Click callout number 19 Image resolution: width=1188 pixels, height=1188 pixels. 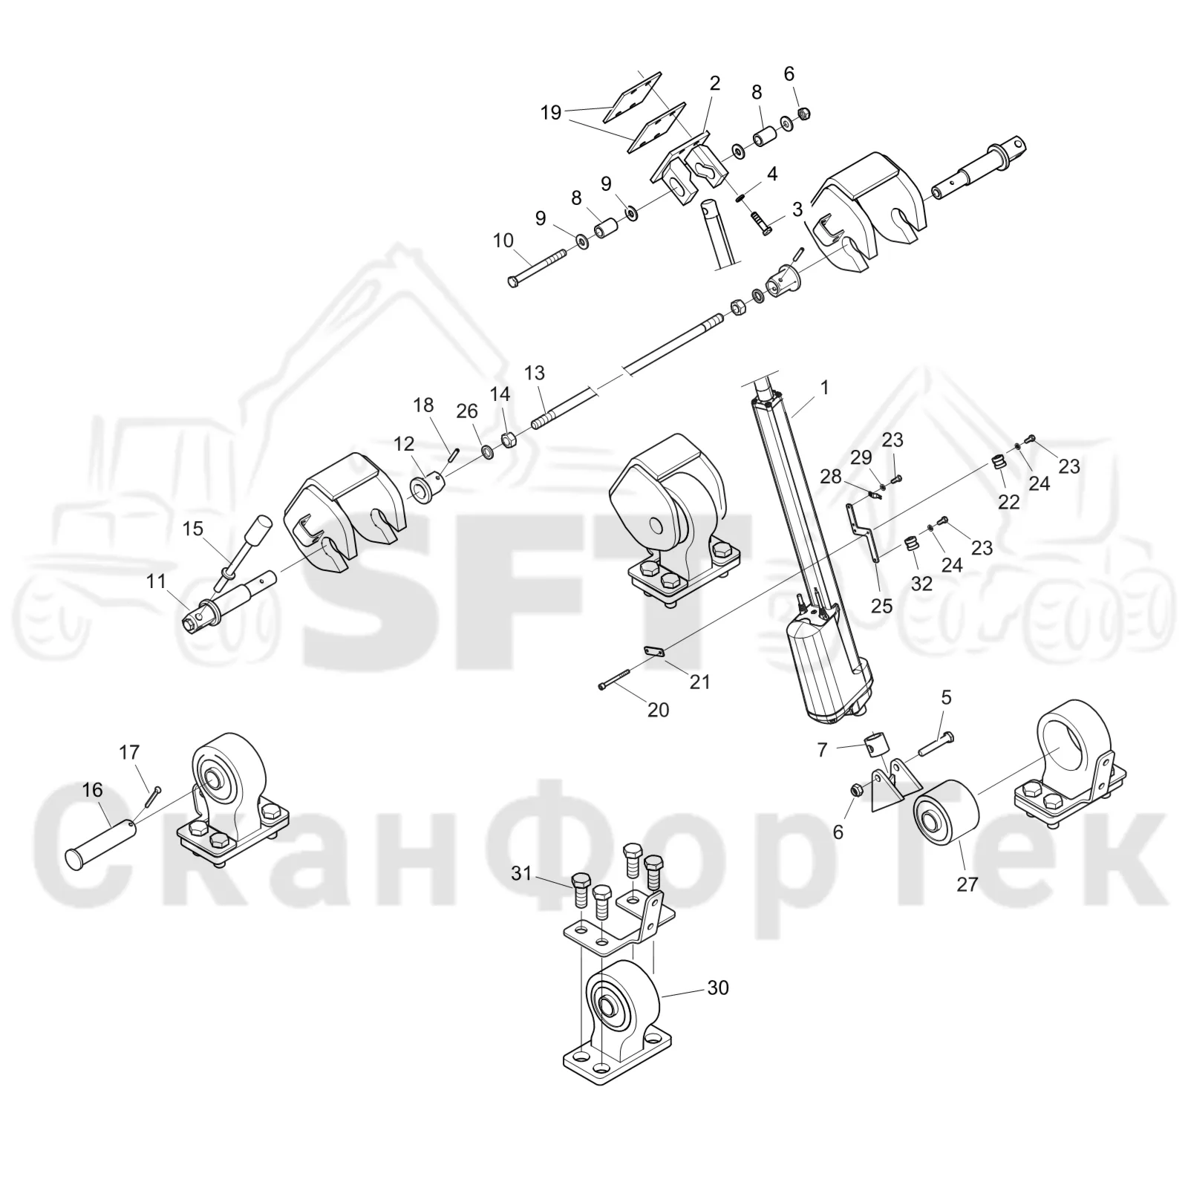point(551,113)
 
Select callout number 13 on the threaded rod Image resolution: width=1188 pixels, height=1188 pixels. point(535,373)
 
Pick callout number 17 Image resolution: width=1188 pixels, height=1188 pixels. point(129,753)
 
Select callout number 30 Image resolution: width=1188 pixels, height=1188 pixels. point(718,988)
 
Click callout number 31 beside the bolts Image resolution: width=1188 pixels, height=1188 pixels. point(522,874)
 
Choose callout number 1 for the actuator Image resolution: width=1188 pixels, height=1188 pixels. point(824,387)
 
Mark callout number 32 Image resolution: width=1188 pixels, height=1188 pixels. point(921,584)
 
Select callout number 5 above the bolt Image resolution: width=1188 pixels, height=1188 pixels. point(946,697)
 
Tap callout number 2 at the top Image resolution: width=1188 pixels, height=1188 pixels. point(715,83)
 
